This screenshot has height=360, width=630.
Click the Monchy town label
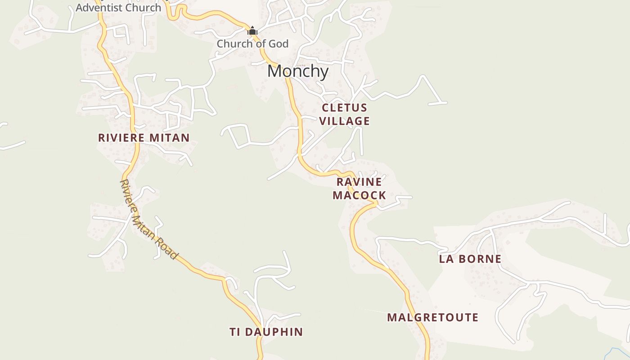[298, 71]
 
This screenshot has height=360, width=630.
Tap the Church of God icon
[252, 31]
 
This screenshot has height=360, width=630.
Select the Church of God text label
[252, 44]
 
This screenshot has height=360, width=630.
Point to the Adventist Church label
[118, 7]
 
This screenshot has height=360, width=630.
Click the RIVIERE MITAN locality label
[144, 138]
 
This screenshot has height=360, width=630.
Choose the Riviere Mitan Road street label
[149, 220]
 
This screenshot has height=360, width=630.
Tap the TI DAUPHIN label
[266, 332]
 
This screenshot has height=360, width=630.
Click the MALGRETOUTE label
[432, 317]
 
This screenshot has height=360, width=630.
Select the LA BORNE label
[470, 259]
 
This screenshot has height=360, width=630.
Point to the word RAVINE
[359, 182]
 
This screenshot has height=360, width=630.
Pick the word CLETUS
[345, 108]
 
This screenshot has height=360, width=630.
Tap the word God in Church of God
[279, 44]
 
